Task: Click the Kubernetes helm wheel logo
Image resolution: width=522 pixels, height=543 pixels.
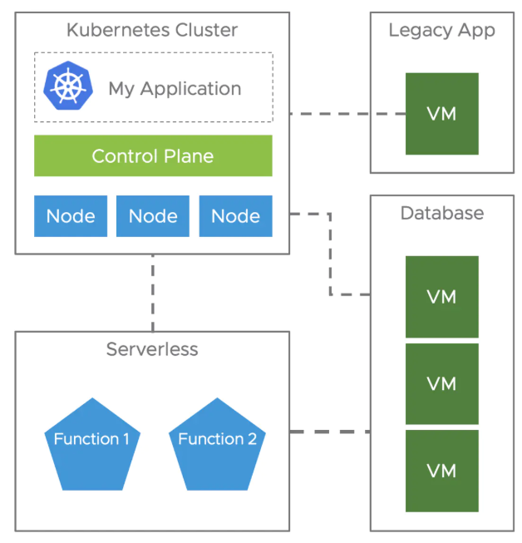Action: [68, 86]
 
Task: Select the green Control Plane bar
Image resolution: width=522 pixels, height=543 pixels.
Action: [153, 155]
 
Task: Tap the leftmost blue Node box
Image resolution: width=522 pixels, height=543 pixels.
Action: [71, 216]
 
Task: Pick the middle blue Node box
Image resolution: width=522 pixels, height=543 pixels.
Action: [153, 216]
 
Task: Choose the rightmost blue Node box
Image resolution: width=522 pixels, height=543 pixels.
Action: [236, 216]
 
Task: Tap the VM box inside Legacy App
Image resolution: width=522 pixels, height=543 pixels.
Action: [442, 114]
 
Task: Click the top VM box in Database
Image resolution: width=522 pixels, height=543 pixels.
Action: [442, 297]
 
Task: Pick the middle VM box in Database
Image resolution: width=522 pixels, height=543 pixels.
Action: [442, 383]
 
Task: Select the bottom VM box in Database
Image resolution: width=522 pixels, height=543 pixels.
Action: [442, 471]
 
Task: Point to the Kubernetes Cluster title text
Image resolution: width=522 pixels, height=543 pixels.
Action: [152, 30]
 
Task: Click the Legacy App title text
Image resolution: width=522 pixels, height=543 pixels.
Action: [441, 31]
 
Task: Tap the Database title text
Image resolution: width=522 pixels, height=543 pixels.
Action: [442, 213]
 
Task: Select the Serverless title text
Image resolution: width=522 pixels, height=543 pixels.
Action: [152, 349]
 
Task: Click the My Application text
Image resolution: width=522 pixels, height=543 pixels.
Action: [175, 89]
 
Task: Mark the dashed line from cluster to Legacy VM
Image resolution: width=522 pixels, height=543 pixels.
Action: [347, 114]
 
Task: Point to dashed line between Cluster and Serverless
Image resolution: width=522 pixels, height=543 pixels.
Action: [153, 293]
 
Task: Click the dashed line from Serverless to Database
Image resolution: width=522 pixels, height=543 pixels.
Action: [330, 432]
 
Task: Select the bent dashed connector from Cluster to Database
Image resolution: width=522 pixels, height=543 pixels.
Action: [330, 254]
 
